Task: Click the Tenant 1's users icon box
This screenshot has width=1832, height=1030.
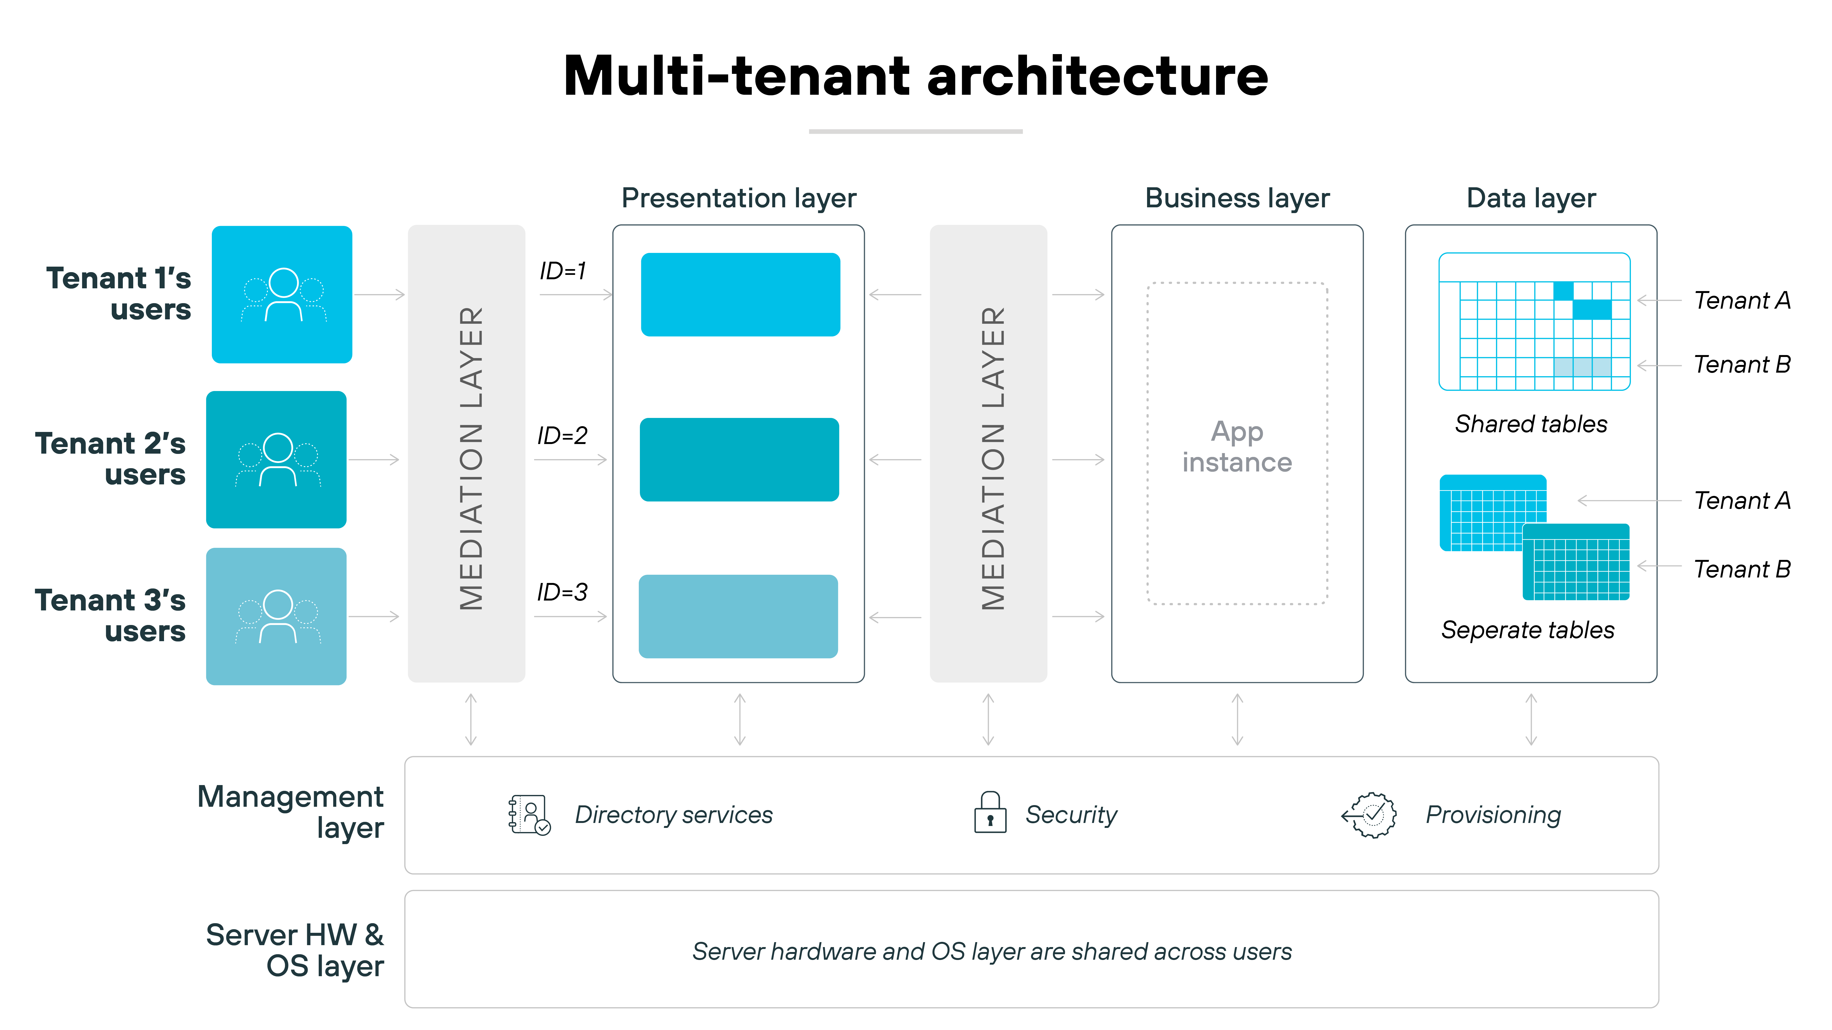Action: pyautogui.click(x=282, y=294)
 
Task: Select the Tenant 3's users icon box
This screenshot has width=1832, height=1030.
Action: pyautogui.click(x=276, y=616)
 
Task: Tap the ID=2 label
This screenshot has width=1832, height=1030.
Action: pyautogui.click(x=562, y=436)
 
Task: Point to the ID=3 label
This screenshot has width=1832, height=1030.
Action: pyautogui.click(x=562, y=592)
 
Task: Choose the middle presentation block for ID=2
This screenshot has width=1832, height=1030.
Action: pyautogui.click(x=739, y=459)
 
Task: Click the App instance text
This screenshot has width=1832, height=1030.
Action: pyautogui.click(x=1237, y=447)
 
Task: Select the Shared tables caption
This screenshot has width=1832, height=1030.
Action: pyautogui.click(x=1530, y=424)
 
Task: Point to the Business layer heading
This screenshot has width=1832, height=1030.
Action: pyautogui.click(x=1237, y=198)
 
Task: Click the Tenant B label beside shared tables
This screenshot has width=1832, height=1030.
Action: pyautogui.click(x=1742, y=365)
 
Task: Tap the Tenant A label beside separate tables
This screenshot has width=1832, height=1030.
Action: pyautogui.click(x=1742, y=501)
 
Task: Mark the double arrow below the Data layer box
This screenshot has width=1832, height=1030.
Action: pyautogui.click(x=1531, y=719)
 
